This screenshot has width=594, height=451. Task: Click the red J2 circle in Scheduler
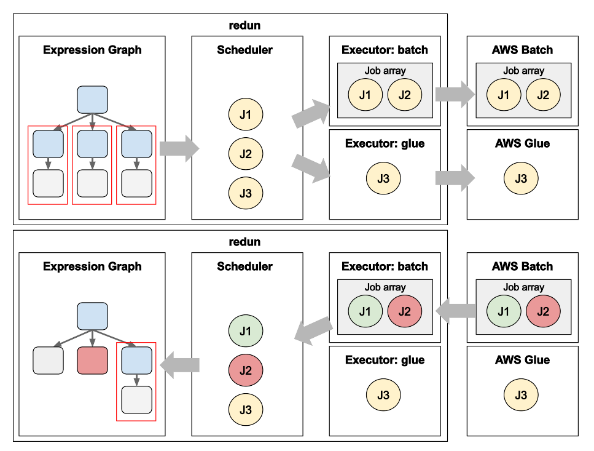tap(246, 370)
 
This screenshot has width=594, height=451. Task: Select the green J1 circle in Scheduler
tap(246, 331)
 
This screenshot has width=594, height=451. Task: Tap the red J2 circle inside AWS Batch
tap(542, 311)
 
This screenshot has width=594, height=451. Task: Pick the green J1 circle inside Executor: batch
tap(365, 311)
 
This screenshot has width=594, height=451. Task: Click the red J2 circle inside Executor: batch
tap(404, 311)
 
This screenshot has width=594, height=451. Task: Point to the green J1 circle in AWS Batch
tap(503, 311)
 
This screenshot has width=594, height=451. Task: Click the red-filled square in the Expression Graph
tap(93, 361)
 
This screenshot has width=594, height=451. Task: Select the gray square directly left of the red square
tap(48, 361)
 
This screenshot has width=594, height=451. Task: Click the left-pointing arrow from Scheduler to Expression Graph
tap(179, 365)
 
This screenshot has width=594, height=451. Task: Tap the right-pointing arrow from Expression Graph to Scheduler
tap(179, 149)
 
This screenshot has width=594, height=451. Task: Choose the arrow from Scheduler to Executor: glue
tap(311, 169)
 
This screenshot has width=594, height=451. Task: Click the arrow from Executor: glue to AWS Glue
tap(455, 178)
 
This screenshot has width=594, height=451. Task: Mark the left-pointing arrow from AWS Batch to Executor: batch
tap(455, 311)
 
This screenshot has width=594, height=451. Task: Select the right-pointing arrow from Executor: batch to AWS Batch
tap(455, 94)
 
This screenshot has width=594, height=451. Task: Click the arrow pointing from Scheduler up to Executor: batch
tap(311, 114)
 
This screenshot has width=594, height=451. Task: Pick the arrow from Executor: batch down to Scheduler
tap(313, 329)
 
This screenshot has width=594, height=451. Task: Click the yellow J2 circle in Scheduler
tap(246, 154)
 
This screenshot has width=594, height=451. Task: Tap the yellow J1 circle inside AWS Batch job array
tap(503, 95)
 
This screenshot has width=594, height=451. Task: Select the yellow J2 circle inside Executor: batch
tap(404, 95)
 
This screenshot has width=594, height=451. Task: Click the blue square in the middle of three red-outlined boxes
tap(93, 144)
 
